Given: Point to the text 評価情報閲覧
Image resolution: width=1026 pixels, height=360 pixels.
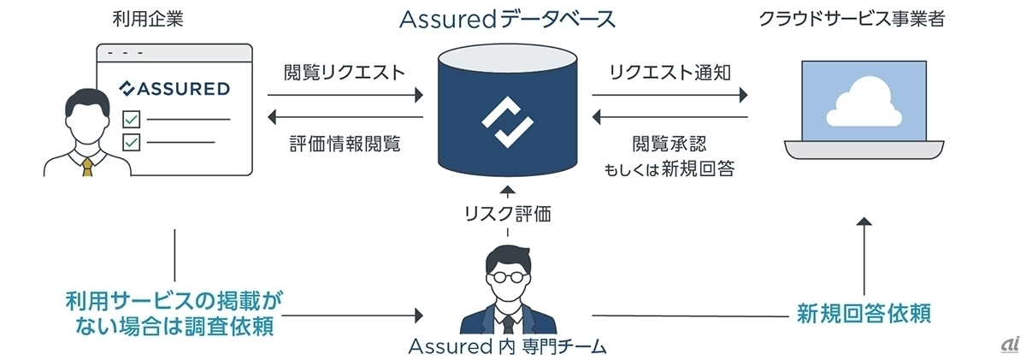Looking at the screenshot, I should pos(345,143).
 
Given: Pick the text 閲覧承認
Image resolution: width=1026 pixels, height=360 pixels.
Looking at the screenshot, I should pos(670,143).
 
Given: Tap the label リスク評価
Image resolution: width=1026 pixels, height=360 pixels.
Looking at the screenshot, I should pos(508,213).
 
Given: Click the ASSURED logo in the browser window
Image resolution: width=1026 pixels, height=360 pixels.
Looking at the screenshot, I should pos(174,88).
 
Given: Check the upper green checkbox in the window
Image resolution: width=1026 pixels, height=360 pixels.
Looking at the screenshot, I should pos(132,119).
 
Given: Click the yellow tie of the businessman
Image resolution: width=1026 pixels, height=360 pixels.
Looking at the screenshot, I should pos(87,164).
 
